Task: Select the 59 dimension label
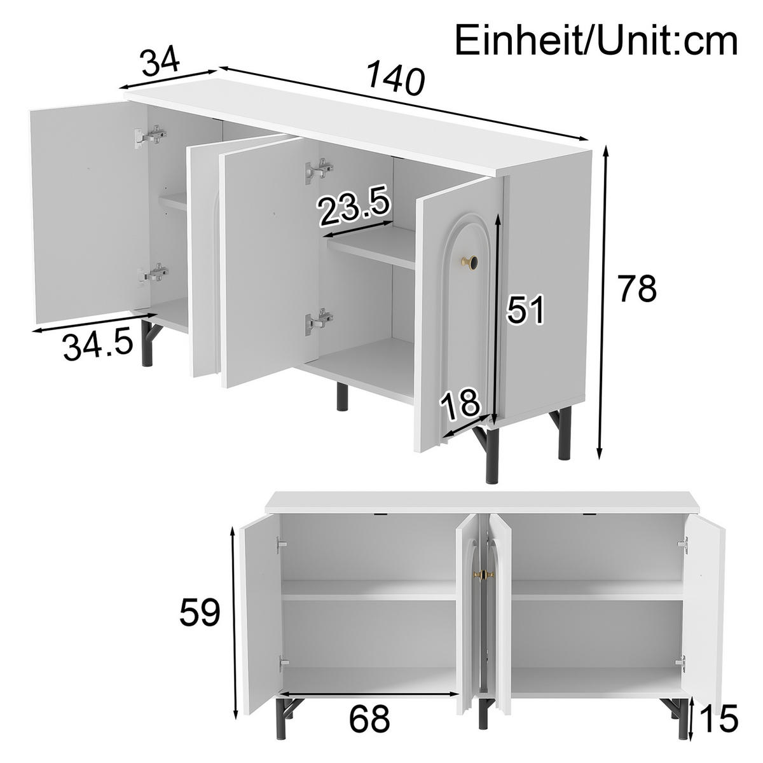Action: [x=199, y=613]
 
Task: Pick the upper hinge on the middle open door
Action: [x=319, y=170]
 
